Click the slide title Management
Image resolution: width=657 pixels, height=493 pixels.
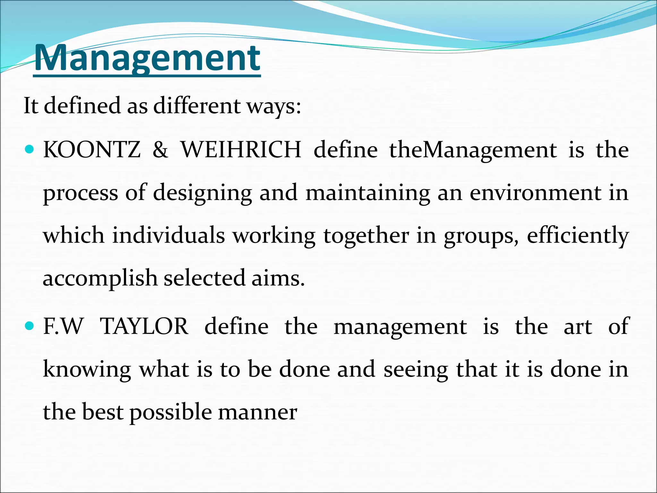(x=147, y=58)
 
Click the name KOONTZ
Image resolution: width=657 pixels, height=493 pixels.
(x=92, y=150)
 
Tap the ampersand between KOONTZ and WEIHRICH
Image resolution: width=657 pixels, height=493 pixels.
(x=160, y=150)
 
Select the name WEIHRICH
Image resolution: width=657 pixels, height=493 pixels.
(x=241, y=150)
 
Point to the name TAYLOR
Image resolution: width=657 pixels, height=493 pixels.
(x=144, y=326)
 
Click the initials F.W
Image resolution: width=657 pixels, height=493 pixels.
(x=63, y=326)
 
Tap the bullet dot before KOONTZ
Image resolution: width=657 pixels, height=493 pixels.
(x=29, y=149)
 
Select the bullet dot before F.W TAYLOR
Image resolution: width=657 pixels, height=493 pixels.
(x=29, y=326)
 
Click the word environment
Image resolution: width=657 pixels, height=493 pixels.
(x=535, y=193)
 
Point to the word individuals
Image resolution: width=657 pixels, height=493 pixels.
(x=168, y=235)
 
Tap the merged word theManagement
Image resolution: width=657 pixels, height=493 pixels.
(x=473, y=150)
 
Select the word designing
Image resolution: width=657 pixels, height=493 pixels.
(x=202, y=194)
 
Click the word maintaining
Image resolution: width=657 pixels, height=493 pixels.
(x=368, y=194)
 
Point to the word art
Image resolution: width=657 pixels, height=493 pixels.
(x=578, y=326)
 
